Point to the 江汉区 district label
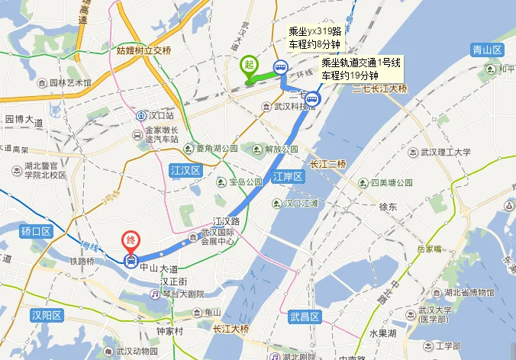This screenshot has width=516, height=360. tap(185, 172)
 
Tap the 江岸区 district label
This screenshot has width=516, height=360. tap(289, 177)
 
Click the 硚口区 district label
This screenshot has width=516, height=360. tap(36, 231)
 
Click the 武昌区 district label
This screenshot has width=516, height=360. tap(305, 316)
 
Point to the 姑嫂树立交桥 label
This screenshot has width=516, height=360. tap(145, 51)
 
